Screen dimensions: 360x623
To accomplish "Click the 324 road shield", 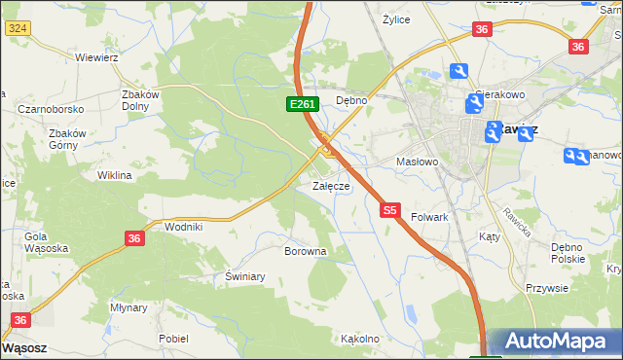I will tap(17, 30).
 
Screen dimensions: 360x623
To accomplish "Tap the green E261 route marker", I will tap(300, 104).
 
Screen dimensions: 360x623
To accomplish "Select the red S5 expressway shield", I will tap(390, 209).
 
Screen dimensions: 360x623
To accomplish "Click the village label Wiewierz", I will tap(96, 57).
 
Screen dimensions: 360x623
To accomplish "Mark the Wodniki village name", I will tap(183, 227).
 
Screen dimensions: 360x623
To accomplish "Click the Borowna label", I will tap(305, 251).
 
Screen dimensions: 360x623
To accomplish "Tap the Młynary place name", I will tap(128, 307).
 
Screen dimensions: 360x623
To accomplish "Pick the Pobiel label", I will tap(173, 339).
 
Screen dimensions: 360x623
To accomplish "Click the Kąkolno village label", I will tap(359, 340).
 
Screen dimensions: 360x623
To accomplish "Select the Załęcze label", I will tap(330, 186).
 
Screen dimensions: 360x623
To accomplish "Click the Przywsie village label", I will tap(547, 288).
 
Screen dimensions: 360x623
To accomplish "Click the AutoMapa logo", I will tap(555, 342).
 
